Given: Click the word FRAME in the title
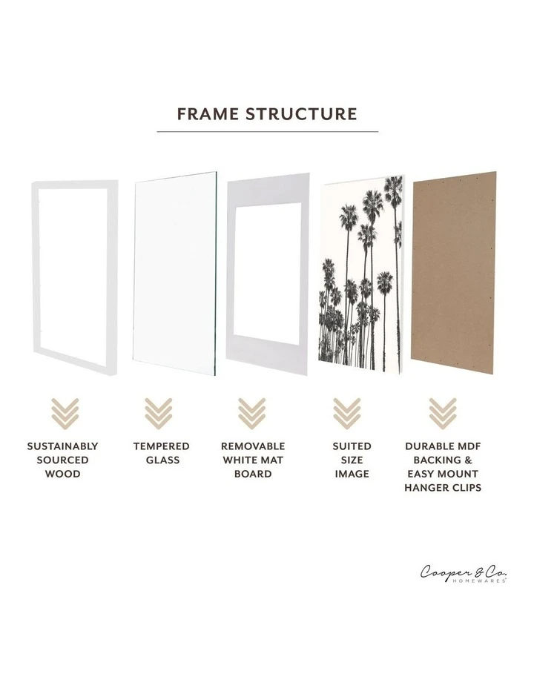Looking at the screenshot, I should (208, 114).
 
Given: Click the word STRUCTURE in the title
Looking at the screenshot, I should (302, 114).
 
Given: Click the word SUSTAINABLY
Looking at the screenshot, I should (62, 446).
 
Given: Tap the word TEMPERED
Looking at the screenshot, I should (161, 446).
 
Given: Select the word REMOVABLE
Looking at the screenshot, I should (253, 446).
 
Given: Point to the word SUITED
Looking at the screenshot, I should (352, 446).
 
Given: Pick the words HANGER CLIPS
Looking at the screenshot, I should (443, 487).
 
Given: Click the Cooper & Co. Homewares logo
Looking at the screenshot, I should (464, 573).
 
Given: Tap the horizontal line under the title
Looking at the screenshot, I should (268, 132).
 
